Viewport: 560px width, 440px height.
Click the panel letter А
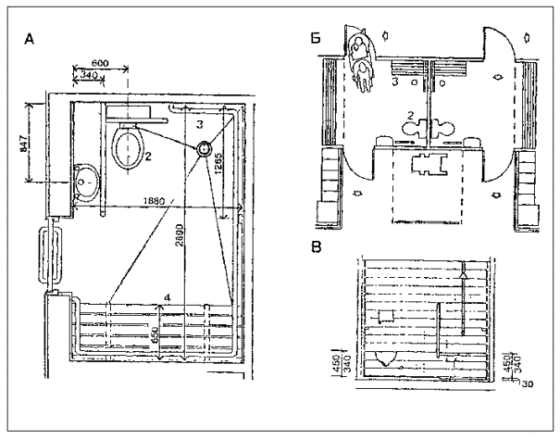(x=31, y=40)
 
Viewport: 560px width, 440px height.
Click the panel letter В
(x=317, y=248)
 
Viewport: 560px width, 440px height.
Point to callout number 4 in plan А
(x=167, y=296)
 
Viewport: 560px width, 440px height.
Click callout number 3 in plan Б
(x=396, y=82)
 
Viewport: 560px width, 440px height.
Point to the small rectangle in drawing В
(x=381, y=318)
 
